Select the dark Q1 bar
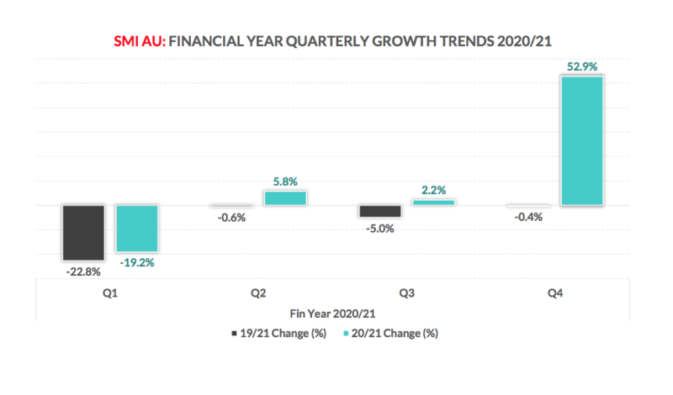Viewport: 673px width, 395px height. [82, 232]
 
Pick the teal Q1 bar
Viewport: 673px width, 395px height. [136, 228]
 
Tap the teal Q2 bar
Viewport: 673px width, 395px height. [284, 197]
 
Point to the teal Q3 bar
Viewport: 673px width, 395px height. [433, 203]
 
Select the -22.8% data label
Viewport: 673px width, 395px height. [82, 271]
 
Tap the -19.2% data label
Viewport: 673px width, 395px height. [136, 262]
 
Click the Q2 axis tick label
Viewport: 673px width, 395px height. [258, 294]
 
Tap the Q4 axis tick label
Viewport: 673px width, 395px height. [555, 294]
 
